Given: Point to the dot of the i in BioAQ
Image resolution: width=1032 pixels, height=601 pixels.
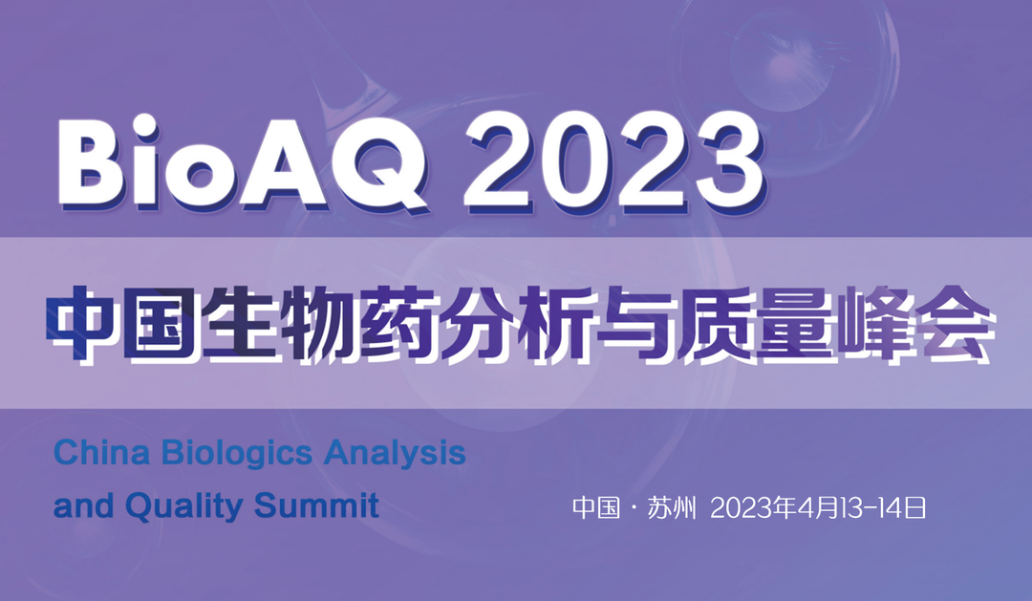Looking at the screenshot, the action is click(144, 126).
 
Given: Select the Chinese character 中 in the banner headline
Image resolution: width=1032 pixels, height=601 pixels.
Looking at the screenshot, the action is click(84, 324).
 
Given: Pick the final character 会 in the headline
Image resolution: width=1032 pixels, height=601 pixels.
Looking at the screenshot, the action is click(953, 324).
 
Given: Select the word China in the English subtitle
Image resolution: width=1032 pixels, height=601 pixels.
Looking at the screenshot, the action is click(101, 453).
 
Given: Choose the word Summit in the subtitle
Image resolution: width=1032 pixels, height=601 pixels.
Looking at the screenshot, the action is click(316, 505).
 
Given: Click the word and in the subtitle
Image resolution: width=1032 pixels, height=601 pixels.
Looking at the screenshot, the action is click(83, 506).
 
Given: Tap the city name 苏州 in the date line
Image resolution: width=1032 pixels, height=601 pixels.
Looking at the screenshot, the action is click(672, 508).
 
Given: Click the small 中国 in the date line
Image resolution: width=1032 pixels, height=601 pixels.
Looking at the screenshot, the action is click(596, 508).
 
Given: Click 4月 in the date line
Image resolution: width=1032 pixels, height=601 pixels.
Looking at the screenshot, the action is click(818, 508).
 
